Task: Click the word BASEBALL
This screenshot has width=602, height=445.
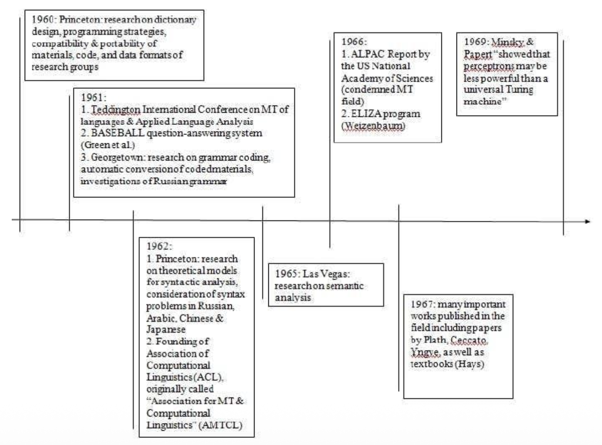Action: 118,133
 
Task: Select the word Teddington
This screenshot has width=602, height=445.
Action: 116,110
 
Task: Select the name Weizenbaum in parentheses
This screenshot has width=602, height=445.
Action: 373,126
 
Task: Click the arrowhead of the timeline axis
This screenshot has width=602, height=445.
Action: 587,221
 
